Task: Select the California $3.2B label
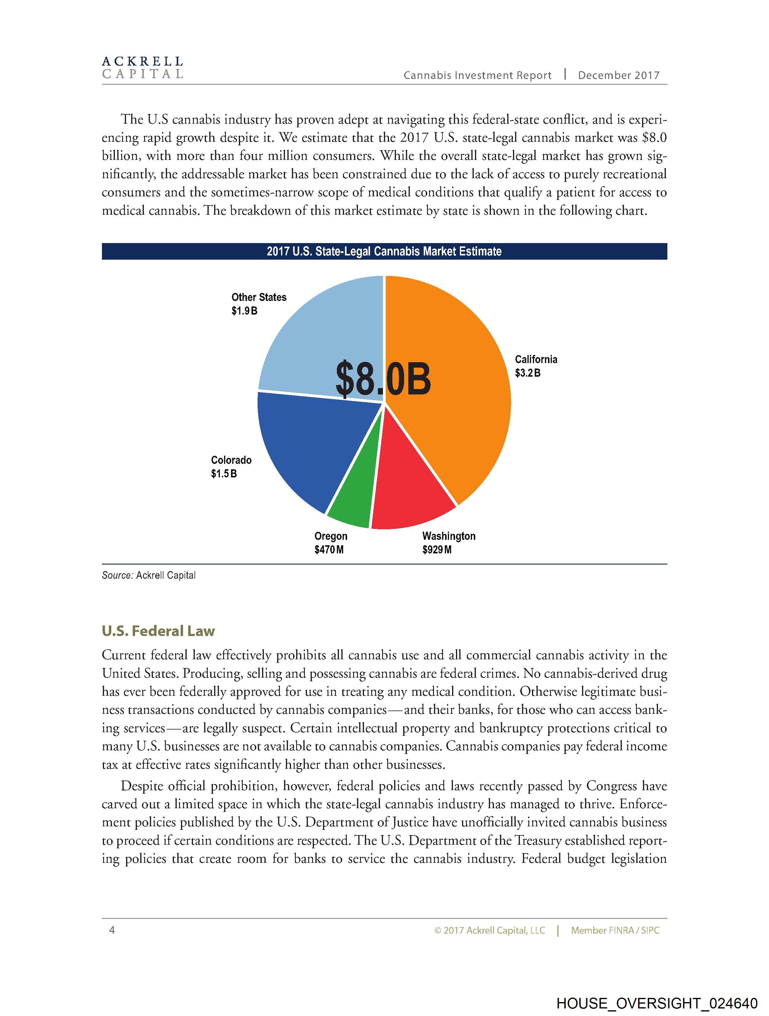click(535, 366)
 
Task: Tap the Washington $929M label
click(448, 543)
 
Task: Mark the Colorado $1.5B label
click(231, 467)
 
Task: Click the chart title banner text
click(384, 251)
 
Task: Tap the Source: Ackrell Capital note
click(149, 575)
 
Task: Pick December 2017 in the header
click(618, 75)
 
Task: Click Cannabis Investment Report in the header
click(477, 75)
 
